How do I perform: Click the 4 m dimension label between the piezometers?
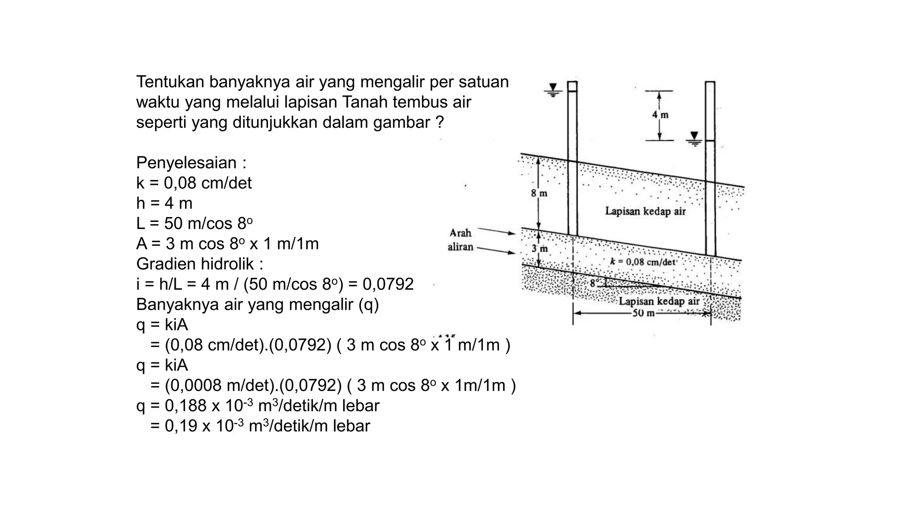point(660,115)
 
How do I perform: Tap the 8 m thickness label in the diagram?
point(539,193)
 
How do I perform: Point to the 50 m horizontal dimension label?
point(643,313)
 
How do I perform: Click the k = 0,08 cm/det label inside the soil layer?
point(642,262)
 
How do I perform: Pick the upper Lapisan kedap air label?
point(645,211)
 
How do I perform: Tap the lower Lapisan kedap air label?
point(659,301)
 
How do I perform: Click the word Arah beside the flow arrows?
point(460,233)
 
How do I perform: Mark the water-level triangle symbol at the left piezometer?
point(553,88)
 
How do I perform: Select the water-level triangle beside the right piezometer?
point(694,136)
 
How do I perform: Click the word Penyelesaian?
point(186,163)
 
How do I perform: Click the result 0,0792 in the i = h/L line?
point(388,284)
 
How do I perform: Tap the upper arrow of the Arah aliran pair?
point(497,231)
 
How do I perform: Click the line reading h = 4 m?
point(164,203)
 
